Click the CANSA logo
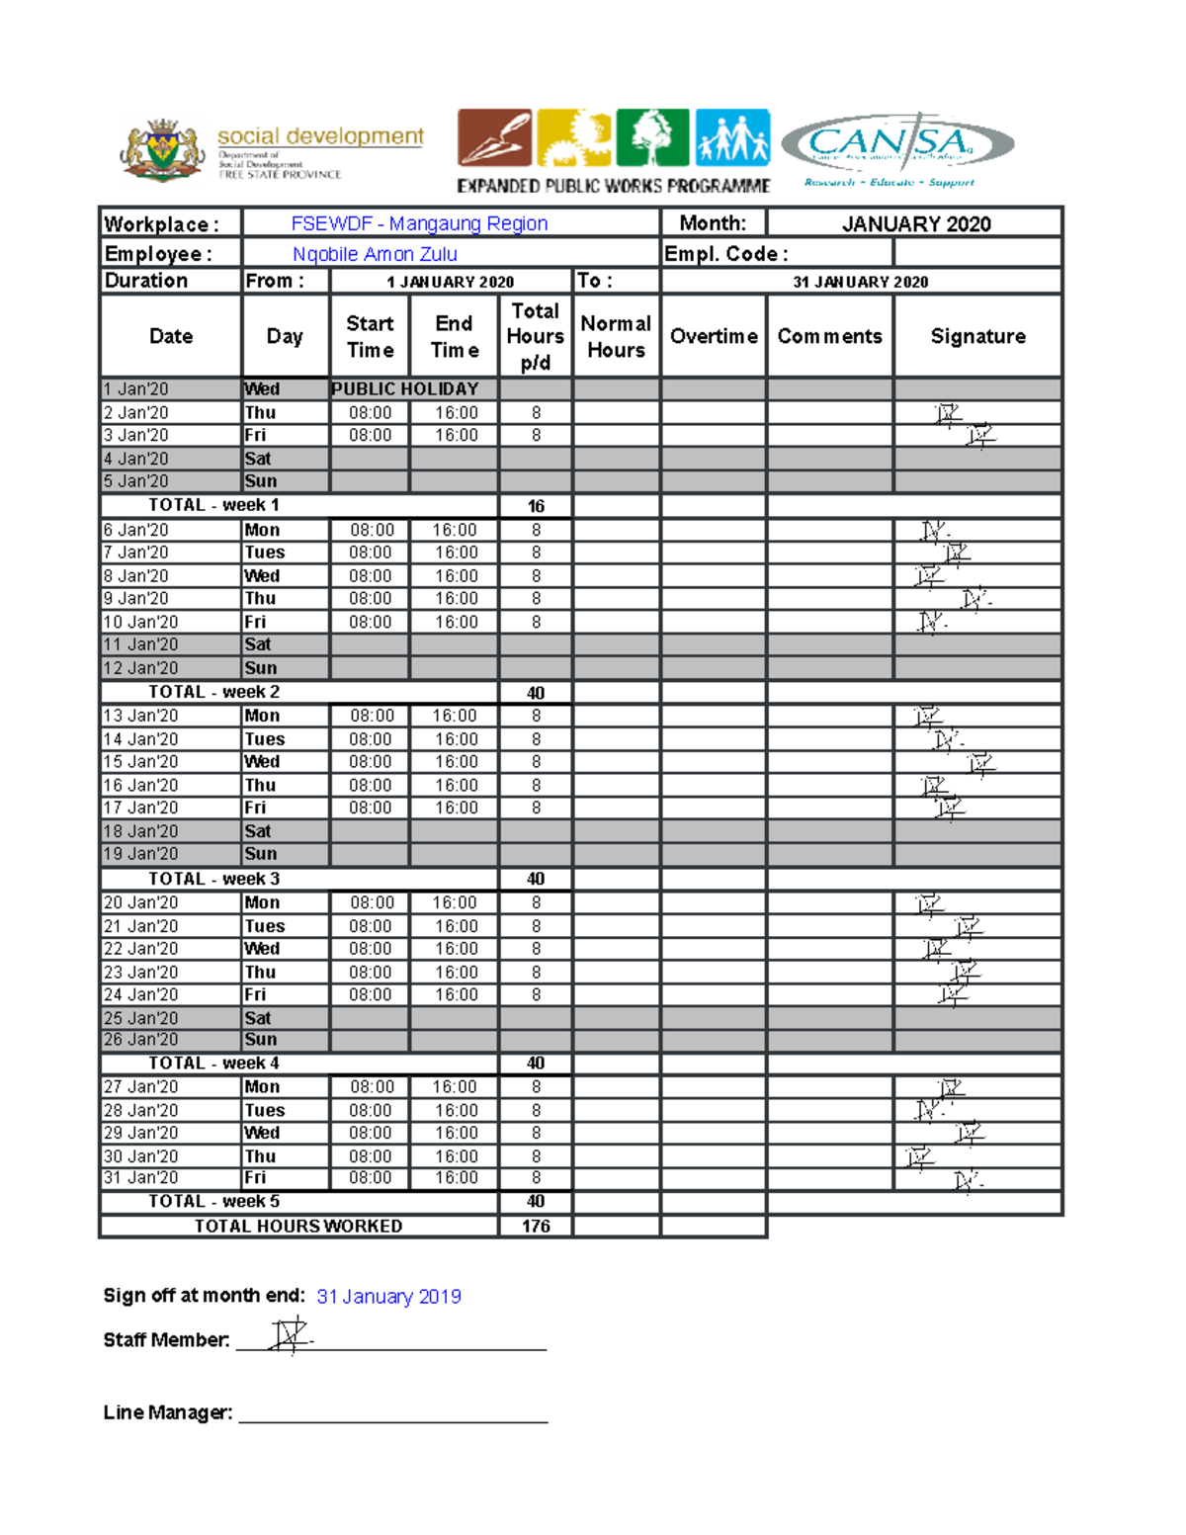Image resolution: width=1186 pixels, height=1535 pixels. pos(896,146)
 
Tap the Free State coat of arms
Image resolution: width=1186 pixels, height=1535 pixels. pos(161,150)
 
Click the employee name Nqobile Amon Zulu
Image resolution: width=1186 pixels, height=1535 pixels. pos(375,254)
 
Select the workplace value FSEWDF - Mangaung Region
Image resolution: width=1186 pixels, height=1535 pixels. pos(419,223)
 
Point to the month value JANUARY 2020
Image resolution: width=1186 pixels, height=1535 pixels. pos(915,223)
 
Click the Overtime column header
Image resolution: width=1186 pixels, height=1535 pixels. pos(714,336)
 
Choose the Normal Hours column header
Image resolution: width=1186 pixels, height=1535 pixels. pos(616,336)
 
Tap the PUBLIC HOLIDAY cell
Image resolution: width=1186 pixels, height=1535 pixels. pos(405,388)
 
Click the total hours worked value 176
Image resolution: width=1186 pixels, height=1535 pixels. pos(536,1226)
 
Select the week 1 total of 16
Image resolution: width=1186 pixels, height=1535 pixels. pos(536,506)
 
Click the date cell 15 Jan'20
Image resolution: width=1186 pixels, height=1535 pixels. pos(141,762)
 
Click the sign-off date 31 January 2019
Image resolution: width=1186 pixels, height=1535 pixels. pos(388,1296)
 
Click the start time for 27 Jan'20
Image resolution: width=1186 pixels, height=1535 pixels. pos(371,1086)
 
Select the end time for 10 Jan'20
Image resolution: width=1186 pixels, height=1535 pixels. pos(455,622)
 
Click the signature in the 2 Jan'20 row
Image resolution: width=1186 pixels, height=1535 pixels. pos(948,414)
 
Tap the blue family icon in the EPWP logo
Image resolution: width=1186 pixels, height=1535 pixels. pos(732,137)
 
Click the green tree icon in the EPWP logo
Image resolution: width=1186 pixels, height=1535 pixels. pos(652,137)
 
